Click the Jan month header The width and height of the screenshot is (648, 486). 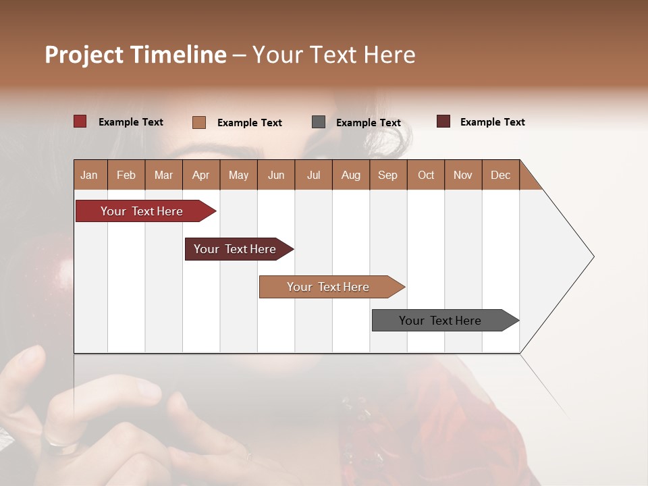(x=90, y=175)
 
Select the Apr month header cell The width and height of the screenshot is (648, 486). (x=201, y=175)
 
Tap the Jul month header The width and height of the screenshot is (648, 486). (x=313, y=175)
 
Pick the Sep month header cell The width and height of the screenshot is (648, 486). (x=387, y=175)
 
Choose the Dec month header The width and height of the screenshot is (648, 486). (x=500, y=175)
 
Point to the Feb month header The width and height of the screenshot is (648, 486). (x=126, y=175)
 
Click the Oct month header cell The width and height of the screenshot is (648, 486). (x=426, y=175)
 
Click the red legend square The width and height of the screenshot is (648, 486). (x=80, y=122)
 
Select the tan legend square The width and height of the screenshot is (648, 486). (x=199, y=122)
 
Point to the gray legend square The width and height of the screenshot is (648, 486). (x=319, y=122)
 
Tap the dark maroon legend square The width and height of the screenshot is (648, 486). (x=443, y=122)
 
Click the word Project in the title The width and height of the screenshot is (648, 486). (x=83, y=55)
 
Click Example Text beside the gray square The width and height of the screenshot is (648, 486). (x=368, y=123)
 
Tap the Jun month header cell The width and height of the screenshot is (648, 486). (x=276, y=175)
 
